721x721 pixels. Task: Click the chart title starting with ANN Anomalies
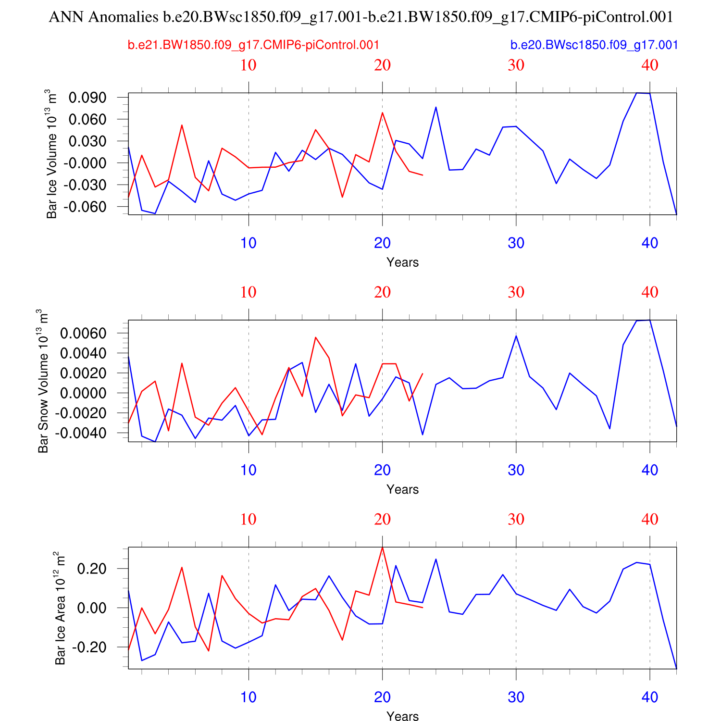coord(360,17)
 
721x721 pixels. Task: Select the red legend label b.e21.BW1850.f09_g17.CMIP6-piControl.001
coord(253,45)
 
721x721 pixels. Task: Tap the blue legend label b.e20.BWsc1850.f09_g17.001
coord(594,45)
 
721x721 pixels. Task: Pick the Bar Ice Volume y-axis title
coord(51,154)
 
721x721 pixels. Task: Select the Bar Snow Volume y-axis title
coord(43,381)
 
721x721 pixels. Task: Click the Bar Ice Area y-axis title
coord(60,608)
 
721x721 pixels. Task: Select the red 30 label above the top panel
coord(516,65)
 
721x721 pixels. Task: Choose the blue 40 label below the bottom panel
coord(649,697)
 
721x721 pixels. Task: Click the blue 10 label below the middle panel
coord(248,470)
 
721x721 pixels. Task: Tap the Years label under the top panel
coord(402,262)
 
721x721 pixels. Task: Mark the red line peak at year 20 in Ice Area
coord(382,547)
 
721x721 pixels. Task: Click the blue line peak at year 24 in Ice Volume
coord(435,107)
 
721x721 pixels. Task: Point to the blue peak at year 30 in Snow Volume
coord(516,336)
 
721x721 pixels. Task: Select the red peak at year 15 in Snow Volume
coord(315,337)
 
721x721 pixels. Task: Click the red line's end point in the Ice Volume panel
coord(423,175)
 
